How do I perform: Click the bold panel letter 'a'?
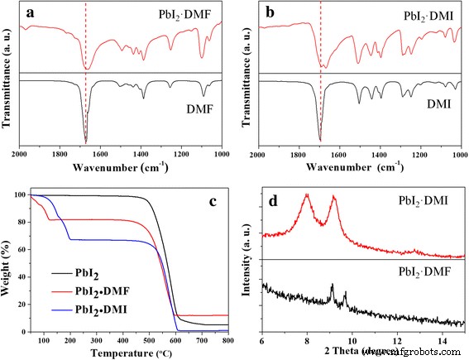[31, 14]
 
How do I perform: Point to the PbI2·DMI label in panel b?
[408, 14]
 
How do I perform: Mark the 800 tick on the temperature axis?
[227, 340]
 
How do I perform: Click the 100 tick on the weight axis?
[21, 195]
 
